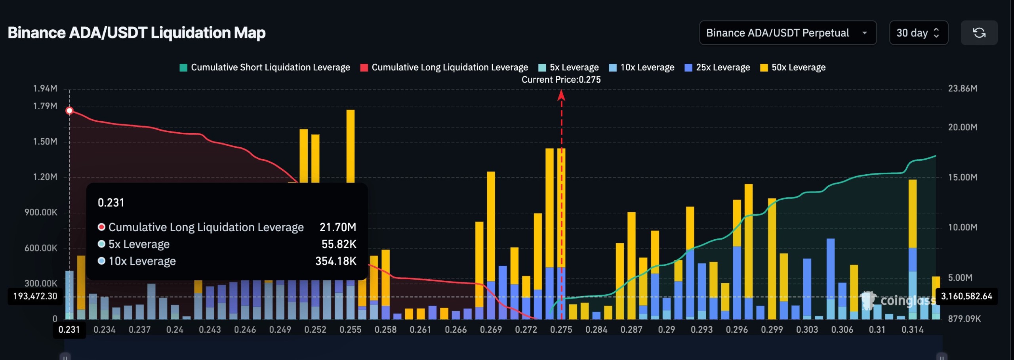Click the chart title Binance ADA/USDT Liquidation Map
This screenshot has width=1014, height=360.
tap(136, 32)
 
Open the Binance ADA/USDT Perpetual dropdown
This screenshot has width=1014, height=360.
tap(787, 33)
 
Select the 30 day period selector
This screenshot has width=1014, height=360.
tap(918, 33)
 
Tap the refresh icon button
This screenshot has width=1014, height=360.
tap(979, 33)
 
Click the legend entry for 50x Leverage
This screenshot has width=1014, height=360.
tap(793, 67)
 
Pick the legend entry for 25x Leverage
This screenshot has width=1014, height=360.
tap(717, 67)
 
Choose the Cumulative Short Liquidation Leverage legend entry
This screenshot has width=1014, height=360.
tap(265, 67)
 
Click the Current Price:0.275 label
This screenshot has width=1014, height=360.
tap(561, 80)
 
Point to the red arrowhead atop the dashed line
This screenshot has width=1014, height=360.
tap(561, 95)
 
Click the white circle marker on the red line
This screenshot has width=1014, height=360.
tap(69, 110)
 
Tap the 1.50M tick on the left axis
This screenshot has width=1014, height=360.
tap(45, 141)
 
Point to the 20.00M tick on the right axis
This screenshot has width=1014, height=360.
tap(962, 127)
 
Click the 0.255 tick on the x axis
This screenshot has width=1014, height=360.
tap(350, 330)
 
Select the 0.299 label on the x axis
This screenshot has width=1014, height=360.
tap(772, 330)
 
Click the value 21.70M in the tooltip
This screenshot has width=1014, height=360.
tap(337, 227)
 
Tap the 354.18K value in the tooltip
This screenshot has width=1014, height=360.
tap(335, 261)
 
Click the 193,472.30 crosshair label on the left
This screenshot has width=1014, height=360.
tap(35, 296)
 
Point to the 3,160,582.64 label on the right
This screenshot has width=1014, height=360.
tap(966, 296)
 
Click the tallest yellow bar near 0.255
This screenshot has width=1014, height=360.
tap(350, 147)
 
